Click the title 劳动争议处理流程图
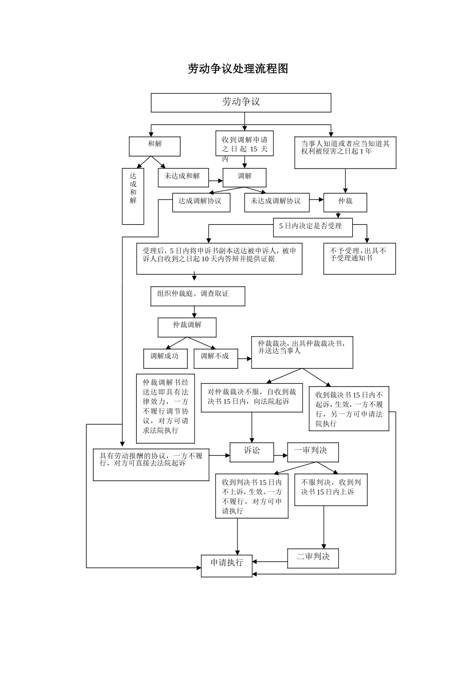[238, 69]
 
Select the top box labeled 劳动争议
[241, 102]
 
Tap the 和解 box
[155, 146]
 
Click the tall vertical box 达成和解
[133, 196]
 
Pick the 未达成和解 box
[183, 177]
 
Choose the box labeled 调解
[245, 177]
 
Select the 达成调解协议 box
[201, 202]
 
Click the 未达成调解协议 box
[277, 202]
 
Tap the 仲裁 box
[345, 202]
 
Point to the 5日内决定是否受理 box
[313, 227]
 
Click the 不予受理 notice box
[359, 258]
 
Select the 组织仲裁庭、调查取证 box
[198, 296]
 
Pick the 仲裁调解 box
[187, 327]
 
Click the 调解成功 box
[165, 358]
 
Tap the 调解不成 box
[215, 358]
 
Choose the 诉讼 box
[252, 452]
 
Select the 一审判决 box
[313, 452]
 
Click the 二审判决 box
[313, 558]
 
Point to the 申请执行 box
[226, 565]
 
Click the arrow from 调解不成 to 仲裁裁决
[245, 359]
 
